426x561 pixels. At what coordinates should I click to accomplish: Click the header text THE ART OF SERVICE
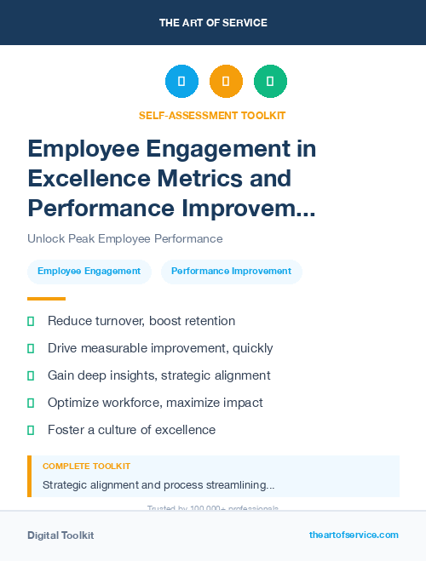pyautogui.click(x=213, y=23)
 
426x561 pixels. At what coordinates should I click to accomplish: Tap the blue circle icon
pyautogui.click(x=181, y=82)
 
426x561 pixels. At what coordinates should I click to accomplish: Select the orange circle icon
pyautogui.click(x=226, y=82)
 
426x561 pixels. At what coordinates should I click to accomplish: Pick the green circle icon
pyautogui.click(x=270, y=82)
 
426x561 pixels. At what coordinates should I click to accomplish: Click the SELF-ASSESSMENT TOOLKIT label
pyautogui.click(x=212, y=115)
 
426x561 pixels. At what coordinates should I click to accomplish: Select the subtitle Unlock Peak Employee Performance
pyautogui.click(x=124, y=238)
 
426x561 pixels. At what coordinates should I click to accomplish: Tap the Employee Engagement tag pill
pyautogui.click(x=89, y=272)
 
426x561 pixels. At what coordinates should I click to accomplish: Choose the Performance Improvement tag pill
pyautogui.click(x=231, y=272)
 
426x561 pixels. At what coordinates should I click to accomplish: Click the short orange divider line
pyautogui.click(x=46, y=299)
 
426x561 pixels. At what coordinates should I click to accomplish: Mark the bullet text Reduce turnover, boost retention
pyautogui.click(x=141, y=321)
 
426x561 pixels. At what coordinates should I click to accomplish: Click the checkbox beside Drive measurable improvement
pyautogui.click(x=31, y=348)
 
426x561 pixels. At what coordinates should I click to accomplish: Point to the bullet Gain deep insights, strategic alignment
pyautogui.click(x=158, y=375)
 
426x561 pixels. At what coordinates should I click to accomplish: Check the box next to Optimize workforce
pyautogui.click(x=31, y=403)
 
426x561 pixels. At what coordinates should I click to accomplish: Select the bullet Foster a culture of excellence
pyautogui.click(x=131, y=430)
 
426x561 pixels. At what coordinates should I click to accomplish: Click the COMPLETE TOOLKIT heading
pyautogui.click(x=86, y=467)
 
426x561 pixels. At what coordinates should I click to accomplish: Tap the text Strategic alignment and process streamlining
pyautogui.click(x=158, y=485)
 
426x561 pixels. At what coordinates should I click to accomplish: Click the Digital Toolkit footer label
pyautogui.click(x=60, y=535)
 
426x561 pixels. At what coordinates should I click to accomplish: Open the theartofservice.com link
pyautogui.click(x=354, y=535)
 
